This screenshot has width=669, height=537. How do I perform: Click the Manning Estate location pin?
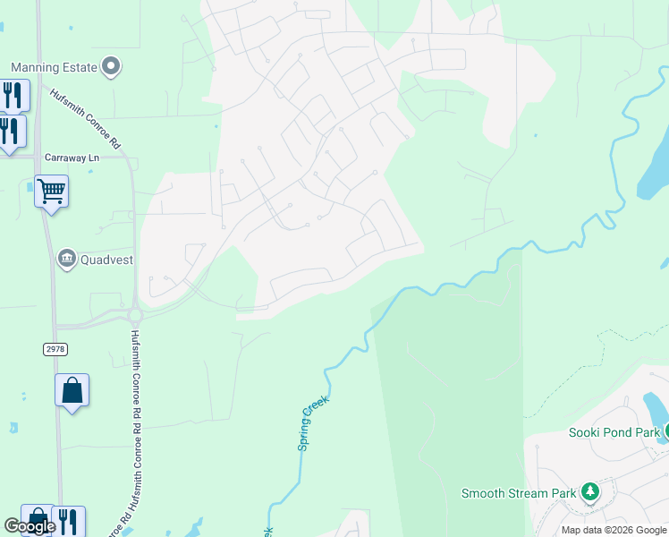point(112,66)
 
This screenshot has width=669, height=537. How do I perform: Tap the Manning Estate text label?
point(53,67)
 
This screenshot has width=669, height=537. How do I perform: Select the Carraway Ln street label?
point(71,158)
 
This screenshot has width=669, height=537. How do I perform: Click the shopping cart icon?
point(51,190)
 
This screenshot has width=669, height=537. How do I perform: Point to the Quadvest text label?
point(106,260)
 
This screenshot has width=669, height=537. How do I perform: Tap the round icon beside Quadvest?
point(67,260)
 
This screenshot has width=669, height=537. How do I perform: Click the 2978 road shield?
point(55,348)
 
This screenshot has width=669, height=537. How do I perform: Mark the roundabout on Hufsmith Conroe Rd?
point(135,315)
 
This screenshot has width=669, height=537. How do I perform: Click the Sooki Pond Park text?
point(614,432)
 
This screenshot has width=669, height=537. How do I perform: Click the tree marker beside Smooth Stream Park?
point(589,491)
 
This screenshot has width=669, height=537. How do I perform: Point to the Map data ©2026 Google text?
point(614,530)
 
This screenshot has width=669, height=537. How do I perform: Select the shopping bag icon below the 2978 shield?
point(72,391)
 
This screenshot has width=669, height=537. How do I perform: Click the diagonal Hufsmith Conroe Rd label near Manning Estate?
point(85,118)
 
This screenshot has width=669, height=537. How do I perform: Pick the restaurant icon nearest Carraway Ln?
point(10,130)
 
